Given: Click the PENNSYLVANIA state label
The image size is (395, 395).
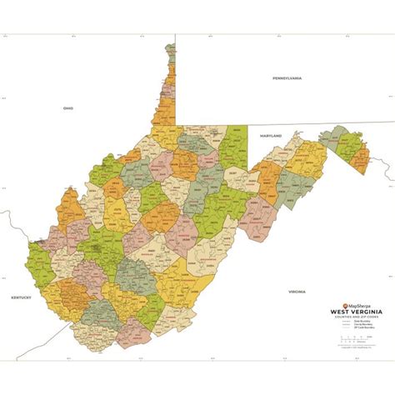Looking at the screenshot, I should [x=287, y=77].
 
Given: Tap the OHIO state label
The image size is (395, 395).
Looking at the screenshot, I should [x=68, y=108].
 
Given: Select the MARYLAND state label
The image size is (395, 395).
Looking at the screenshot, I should [x=271, y=134].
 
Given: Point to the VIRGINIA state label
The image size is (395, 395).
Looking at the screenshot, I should [x=297, y=292].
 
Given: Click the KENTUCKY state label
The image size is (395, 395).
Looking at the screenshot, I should [x=21, y=297].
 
